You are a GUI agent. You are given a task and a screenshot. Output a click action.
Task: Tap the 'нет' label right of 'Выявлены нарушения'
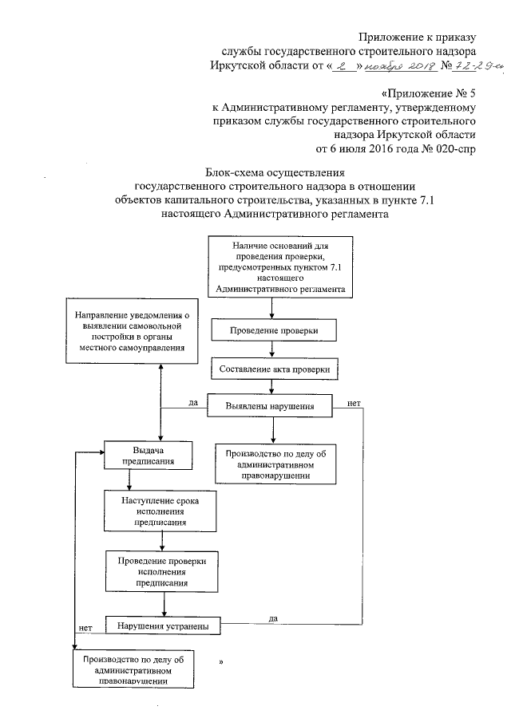(354, 403)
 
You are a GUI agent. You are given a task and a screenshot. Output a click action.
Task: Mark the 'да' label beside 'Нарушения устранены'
(273, 617)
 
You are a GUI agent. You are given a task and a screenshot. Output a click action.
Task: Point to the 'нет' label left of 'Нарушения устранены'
(85, 627)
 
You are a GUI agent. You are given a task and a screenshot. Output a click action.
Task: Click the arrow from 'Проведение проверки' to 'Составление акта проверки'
(273, 349)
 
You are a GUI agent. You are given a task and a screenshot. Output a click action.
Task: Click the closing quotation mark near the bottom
(220, 664)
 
